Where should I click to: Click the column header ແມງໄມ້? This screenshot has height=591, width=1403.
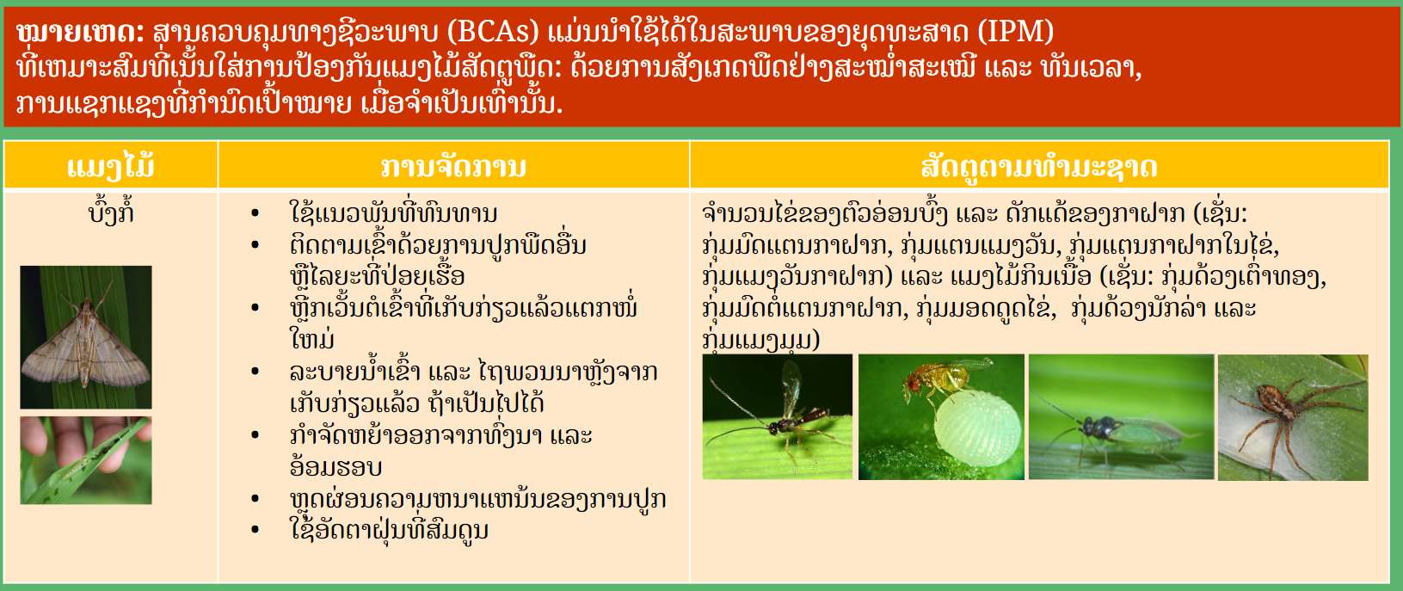tap(111, 167)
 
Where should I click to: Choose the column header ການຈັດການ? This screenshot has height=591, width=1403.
tap(453, 167)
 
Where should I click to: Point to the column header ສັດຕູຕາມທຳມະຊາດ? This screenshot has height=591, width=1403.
tap(1039, 167)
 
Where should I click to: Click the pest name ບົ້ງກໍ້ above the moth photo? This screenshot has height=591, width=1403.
tap(111, 212)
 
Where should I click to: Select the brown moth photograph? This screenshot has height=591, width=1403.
tap(86, 337)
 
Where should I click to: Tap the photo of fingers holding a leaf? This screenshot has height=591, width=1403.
tap(86, 460)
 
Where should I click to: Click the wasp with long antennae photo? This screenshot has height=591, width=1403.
tap(778, 416)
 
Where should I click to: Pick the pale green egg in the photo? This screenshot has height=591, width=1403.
tap(976, 429)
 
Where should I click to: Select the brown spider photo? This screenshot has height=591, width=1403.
tap(1293, 417)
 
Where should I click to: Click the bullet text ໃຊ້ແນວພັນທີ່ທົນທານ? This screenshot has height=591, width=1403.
tap(393, 212)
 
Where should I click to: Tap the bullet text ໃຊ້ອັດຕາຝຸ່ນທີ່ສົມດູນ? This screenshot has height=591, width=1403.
tap(389, 530)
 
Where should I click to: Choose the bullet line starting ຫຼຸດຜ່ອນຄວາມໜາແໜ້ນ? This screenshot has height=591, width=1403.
tap(478, 499)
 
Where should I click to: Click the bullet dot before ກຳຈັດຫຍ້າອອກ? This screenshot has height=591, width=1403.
tap(255, 434)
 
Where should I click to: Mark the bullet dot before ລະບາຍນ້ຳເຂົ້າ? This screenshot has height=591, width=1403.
tap(255, 372)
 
